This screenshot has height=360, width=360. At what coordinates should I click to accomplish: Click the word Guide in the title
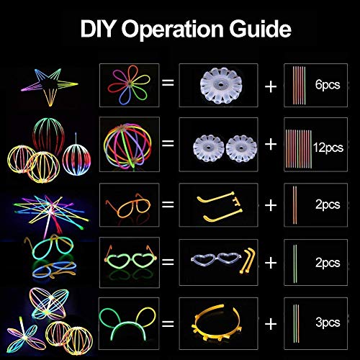260,29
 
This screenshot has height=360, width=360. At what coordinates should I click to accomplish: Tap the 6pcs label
328,84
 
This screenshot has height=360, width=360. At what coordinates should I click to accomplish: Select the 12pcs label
328,147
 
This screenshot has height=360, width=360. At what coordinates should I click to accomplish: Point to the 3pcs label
328,323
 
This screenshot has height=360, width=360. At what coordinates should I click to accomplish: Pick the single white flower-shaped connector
221,85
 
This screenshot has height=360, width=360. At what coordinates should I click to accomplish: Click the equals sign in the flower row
168,83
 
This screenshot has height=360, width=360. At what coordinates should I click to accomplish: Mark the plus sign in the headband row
271,324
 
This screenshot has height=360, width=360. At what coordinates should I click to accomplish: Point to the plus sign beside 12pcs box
271,144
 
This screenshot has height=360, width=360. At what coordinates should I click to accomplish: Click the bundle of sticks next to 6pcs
299,85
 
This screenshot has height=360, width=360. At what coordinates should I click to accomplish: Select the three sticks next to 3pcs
296,323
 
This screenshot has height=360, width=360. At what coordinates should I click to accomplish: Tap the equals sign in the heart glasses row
168,261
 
